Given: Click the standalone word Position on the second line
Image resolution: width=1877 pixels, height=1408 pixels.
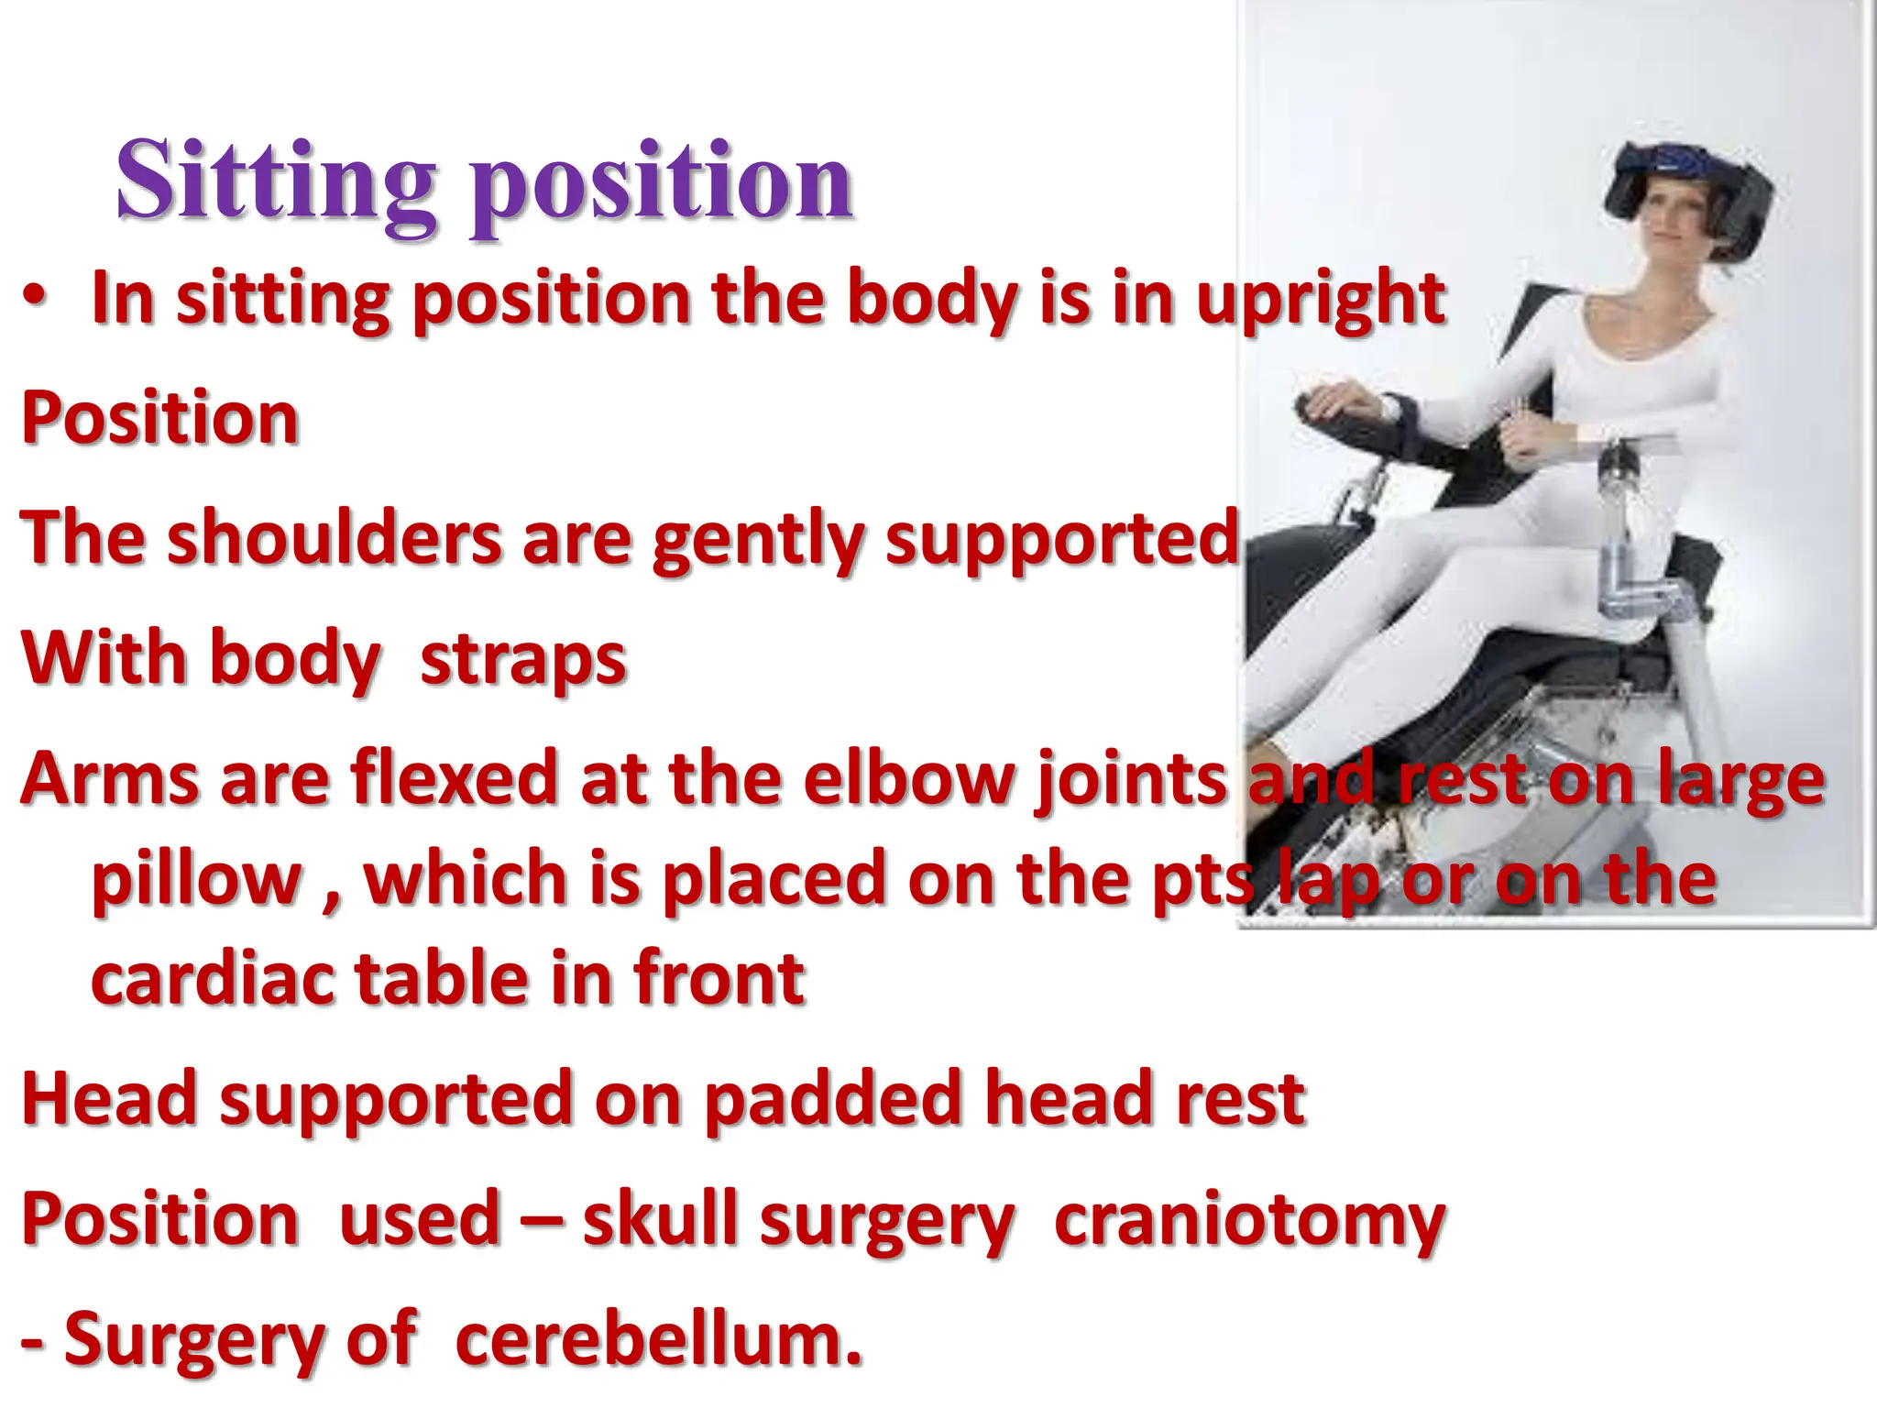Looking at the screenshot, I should tap(159, 418).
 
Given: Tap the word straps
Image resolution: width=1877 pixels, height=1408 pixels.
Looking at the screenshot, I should tap(522, 660).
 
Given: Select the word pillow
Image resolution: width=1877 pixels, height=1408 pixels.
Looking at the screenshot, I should tap(196, 880).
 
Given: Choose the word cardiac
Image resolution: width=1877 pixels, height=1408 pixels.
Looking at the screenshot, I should tap(213, 979).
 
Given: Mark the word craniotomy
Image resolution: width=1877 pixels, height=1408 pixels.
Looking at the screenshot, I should tap(1250, 1221).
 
